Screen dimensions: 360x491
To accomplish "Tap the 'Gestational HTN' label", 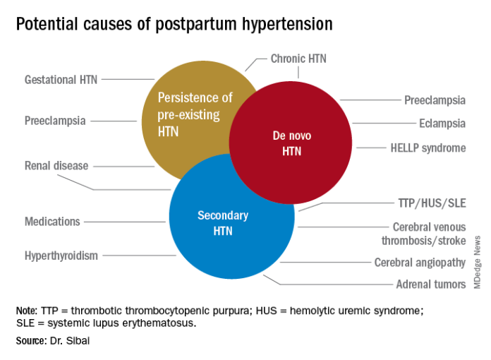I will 60,80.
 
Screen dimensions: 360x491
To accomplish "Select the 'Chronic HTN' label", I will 298,59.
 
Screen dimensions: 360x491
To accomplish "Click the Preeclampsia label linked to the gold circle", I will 55,121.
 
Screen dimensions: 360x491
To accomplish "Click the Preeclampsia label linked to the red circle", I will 435,100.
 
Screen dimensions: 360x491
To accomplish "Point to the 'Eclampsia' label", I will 442,124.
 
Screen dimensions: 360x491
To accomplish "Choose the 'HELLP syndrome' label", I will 428,148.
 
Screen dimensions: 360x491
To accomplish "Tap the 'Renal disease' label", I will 56,166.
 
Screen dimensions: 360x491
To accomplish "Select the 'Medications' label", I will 52,222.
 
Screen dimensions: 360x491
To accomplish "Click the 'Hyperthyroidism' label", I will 61,255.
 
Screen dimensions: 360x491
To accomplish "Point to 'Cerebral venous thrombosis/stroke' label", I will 429,234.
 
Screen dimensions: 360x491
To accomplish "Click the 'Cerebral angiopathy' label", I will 420,263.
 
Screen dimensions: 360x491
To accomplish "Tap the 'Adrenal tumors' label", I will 431,284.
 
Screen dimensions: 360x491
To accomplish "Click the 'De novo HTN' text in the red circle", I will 291,143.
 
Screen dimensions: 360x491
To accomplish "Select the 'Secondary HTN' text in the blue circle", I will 222,223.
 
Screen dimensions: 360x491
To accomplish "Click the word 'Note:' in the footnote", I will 27,311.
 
